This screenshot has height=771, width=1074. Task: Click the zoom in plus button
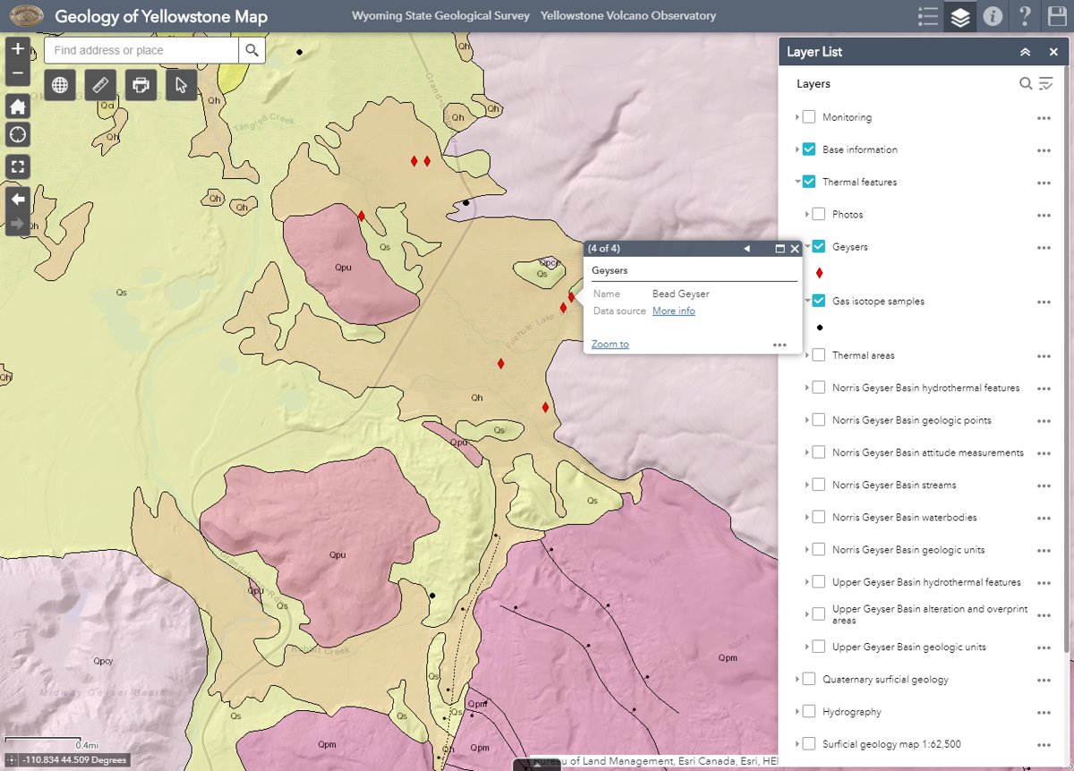[18, 49]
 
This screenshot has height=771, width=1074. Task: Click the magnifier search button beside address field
[251, 50]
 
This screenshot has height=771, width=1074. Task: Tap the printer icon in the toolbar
[141, 85]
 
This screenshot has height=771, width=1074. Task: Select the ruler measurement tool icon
[100, 85]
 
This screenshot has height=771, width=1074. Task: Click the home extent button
[18, 106]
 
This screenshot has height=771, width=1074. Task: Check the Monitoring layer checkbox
[809, 117]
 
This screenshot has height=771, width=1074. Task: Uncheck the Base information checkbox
[809, 149]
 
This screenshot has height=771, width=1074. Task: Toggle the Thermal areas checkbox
[818, 355]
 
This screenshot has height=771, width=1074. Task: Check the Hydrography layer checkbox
[809, 712]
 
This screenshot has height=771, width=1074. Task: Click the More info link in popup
[673, 311]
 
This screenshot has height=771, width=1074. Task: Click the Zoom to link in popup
[609, 344]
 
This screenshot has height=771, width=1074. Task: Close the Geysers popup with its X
[795, 249]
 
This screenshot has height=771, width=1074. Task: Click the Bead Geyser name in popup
[680, 294]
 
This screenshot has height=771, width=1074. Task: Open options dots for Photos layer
[1044, 216]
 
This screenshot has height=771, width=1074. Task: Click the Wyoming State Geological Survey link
[440, 16]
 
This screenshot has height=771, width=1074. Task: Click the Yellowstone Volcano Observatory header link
[627, 16]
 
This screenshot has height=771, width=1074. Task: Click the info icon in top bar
[992, 16]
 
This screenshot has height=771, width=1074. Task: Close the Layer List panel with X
[1053, 52]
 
